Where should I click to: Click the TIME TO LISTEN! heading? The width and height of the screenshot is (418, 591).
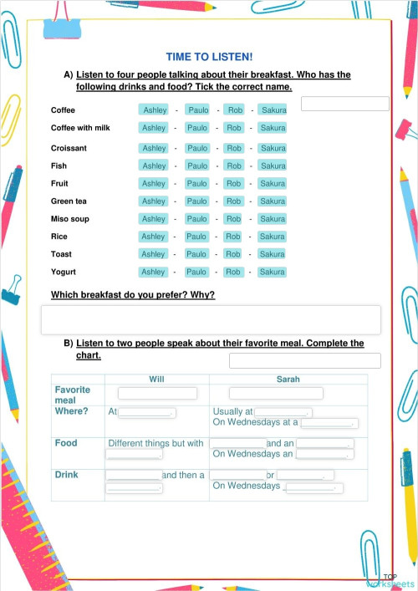209,56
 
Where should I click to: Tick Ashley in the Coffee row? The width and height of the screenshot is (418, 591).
155,110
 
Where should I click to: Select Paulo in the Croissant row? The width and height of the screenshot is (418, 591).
197,148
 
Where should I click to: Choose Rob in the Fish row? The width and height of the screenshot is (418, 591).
234,166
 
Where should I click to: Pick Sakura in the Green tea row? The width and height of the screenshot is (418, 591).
273,201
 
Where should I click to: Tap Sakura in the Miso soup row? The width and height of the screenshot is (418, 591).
273,218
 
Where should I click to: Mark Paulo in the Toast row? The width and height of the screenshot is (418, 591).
197,254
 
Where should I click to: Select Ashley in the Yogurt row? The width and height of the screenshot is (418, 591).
154,272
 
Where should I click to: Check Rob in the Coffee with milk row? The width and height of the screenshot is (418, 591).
234,128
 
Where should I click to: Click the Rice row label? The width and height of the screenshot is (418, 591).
59,237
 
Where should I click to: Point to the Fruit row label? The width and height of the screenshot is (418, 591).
59,183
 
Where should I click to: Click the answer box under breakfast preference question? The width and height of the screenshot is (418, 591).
211,319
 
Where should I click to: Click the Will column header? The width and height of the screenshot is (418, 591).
156,379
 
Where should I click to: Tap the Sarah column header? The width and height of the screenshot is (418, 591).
288,379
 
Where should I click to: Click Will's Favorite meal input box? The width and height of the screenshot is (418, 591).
157,393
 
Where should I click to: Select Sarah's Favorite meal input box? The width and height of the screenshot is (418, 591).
287,393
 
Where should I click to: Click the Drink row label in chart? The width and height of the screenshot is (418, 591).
66,475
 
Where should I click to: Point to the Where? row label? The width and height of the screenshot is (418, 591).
71,411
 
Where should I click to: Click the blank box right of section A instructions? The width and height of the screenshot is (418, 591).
344,104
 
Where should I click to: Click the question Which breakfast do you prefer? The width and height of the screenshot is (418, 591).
133,295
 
